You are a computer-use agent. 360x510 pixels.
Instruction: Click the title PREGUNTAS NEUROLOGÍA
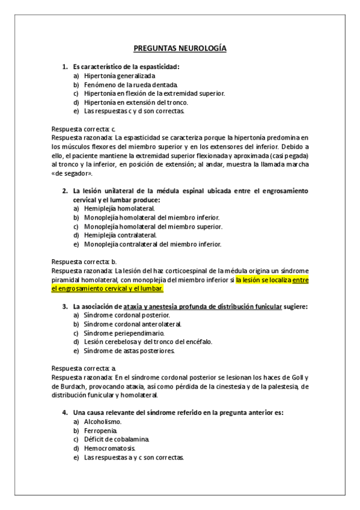[180, 49]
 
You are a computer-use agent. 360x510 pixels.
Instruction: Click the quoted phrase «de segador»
[72, 173]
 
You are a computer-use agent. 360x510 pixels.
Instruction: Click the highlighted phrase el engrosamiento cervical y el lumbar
[108, 289]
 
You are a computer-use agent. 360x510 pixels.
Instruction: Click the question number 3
[65, 306]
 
